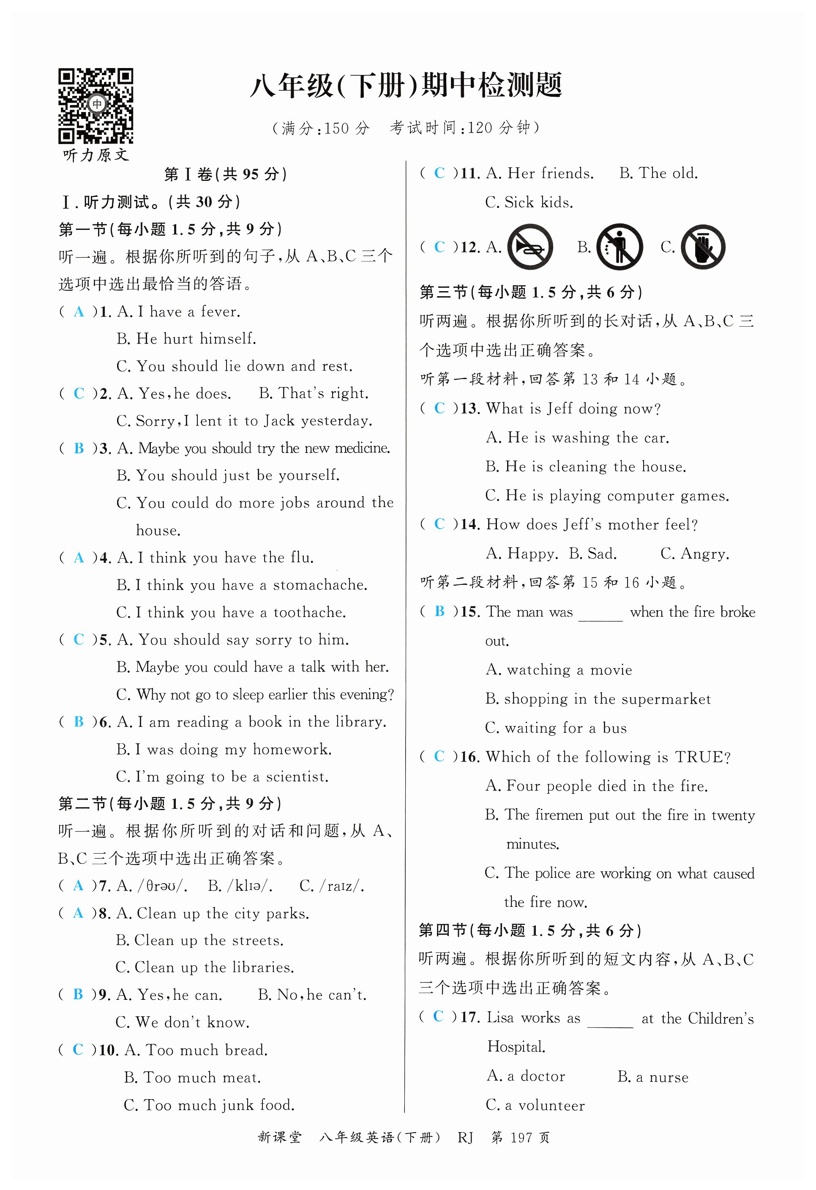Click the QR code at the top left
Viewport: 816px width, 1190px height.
[96, 106]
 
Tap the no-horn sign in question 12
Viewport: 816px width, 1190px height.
[530, 247]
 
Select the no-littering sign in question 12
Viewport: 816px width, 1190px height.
[620, 247]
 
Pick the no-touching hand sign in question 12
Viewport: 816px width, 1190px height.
[703, 247]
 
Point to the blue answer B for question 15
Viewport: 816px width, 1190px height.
[439, 611]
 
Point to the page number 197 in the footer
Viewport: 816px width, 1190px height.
[521, 1138]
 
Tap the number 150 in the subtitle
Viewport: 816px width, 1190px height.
[336, 128]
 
